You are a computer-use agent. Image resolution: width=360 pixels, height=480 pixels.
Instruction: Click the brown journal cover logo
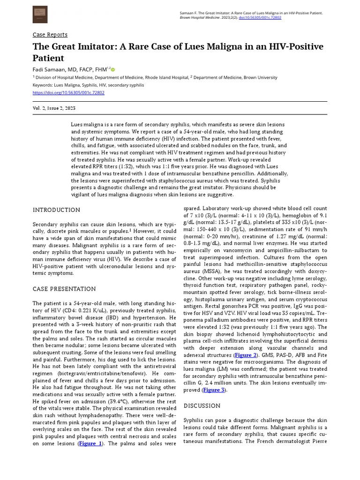(x=40, y=15)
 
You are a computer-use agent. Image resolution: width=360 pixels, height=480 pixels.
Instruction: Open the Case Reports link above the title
(x=50, y=35)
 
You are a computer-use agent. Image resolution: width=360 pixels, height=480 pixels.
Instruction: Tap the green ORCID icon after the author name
(x=113, y=70)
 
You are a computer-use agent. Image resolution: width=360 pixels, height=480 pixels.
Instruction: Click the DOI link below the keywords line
(x=68, y=93)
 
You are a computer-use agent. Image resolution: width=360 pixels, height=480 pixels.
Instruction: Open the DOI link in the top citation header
(x=260, y=18)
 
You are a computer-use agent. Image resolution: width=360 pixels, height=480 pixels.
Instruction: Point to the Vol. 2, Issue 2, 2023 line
(x=54, y=108)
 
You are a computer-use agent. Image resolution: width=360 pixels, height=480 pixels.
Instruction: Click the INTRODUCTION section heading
(x=56, y=210)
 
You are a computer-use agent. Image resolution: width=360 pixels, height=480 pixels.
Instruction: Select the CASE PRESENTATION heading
(x=64, y=289)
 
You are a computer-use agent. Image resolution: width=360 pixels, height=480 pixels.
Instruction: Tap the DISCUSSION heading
(x=202, y=405)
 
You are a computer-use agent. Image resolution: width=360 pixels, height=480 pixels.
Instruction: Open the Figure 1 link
(x=90, y=443)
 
